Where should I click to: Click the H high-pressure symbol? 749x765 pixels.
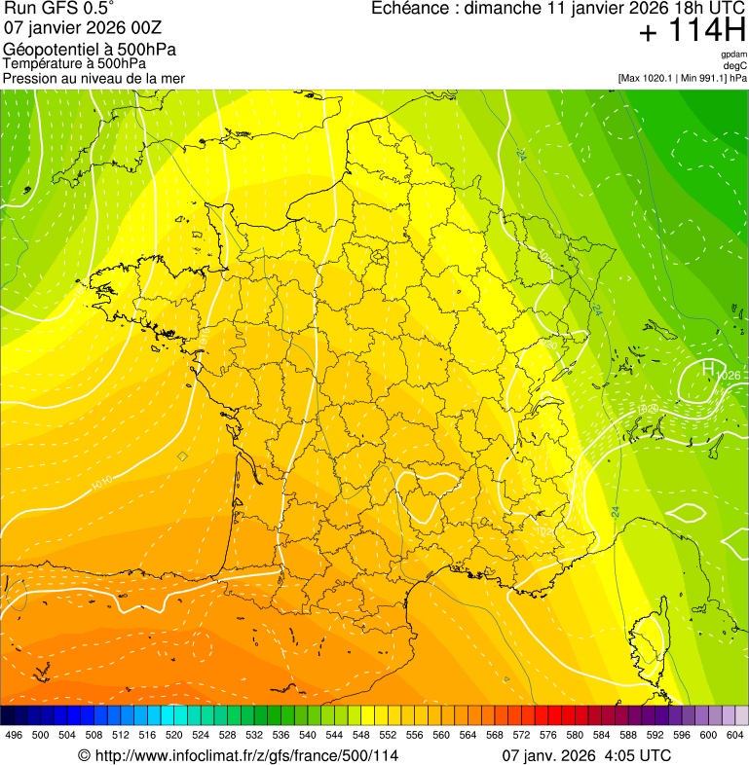(708, 368)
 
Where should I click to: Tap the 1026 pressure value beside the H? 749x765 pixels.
(729, 376)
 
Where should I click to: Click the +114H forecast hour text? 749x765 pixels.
(692, 31)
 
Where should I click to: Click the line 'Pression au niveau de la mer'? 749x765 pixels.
(94, 78)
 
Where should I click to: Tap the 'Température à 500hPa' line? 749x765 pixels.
(74, 63)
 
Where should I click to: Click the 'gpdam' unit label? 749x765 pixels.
(733, 55)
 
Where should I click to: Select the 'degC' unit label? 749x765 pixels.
(735, 65)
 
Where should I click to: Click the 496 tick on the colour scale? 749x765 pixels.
(14, 735)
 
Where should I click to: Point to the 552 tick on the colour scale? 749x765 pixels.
(388, 735)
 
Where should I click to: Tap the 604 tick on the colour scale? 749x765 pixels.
(735, 735)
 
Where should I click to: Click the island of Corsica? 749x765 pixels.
(647, 646)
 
